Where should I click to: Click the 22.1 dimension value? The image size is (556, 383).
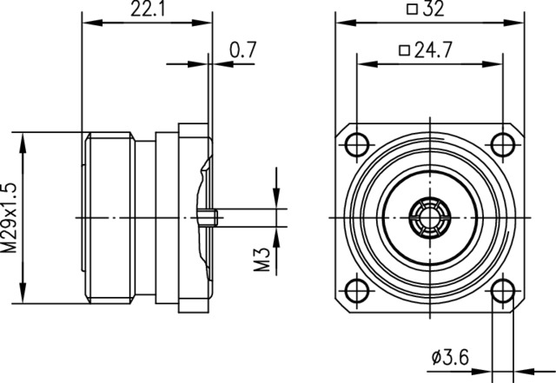pyautogui.click(x=149, y=9)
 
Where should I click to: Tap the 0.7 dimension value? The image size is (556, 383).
pyautogui.click(x=242, y=50)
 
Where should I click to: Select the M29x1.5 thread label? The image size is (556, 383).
pyautogui.click(x=9, y=217)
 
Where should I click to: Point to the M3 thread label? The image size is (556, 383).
pyautogui.click(x=262, y=260)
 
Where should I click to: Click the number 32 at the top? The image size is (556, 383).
pyautogui.click(x=434, y=9)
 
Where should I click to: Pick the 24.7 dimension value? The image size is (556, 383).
pyautogui.click(x=434, y=50)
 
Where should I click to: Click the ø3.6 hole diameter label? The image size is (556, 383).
pyautogui.click(x=450, y=357)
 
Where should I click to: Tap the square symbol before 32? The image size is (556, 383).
pyautogui.click(x=412, y=9)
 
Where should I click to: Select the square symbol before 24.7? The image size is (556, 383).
pyautogui.click(x=404, y=50)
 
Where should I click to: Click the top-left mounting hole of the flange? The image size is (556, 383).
pyautogui.click(x=357, y=145)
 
